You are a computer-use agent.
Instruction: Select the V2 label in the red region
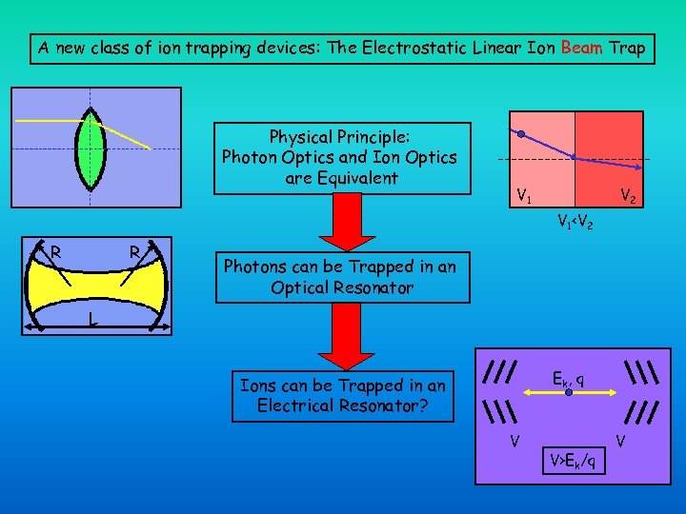click(628, 197)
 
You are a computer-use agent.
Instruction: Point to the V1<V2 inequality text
click(576, 224)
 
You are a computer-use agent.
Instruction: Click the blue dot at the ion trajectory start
click(521, 133)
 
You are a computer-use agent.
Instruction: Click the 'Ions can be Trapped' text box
click(343, 395)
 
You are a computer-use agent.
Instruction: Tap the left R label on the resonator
click(57, 253)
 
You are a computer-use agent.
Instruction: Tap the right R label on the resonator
click(135, 253)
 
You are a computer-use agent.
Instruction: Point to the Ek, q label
click(568, 378)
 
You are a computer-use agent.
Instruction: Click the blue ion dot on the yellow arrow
click(569, 391)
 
